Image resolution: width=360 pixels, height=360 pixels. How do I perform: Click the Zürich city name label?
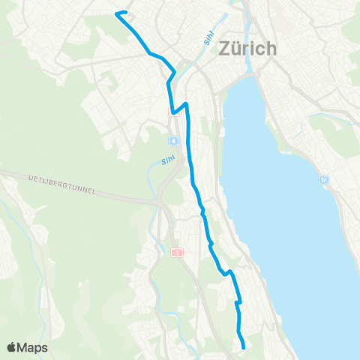(x=247, y=49)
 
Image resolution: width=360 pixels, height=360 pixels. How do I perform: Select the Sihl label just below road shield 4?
(x=168, y=160)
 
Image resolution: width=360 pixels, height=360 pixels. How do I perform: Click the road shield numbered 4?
(x=173, y=141)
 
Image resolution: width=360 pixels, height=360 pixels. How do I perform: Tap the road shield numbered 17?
(x=323, y=181)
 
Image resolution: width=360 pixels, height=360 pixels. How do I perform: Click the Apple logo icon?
(x=13, y=347)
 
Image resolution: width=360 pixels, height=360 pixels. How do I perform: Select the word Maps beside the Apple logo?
(x=33, y=348)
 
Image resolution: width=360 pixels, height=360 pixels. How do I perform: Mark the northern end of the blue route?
(x=115, y=13)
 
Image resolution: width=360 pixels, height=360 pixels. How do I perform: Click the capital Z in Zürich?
(x=223, y=49)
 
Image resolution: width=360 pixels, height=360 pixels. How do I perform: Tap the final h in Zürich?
(x=271, y=49)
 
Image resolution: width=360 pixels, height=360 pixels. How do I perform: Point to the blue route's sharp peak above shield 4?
(x=185, y=103)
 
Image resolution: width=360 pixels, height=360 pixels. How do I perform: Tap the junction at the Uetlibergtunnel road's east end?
(x=160, y=203)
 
